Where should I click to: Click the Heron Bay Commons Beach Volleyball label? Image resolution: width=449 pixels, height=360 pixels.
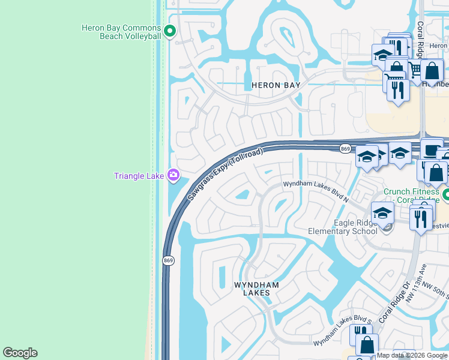[121, 32]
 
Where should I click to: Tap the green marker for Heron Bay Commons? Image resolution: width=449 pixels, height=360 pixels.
[170, 31]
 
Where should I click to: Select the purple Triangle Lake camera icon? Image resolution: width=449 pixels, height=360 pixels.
[173, 175]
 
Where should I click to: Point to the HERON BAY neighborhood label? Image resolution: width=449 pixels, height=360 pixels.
[275, 85]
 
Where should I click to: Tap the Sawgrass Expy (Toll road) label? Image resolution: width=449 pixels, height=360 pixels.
[224, 175]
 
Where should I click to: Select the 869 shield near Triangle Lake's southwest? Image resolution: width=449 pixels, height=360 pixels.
[168, 260]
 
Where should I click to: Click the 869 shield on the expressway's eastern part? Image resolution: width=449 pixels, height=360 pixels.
[345, 149]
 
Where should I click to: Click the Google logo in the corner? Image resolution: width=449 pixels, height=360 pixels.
[20, 353]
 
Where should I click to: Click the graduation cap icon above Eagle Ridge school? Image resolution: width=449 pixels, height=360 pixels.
[382, 212]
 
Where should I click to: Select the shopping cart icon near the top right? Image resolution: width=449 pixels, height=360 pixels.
[415, 70]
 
